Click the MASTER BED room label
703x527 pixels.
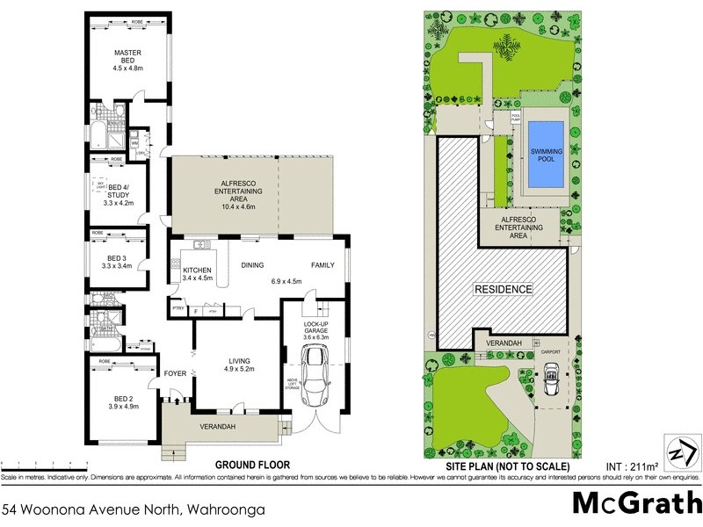pyautogui.click(x=127, y=56)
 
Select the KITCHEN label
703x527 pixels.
pyautogui.click(x=196, y=270)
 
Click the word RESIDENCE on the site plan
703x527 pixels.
pyautogui.click(x=504, y=289)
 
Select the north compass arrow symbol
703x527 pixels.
pyautogui.click(x=683, y=453)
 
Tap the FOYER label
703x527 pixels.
pyautogui.click(x=176, y=373)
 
